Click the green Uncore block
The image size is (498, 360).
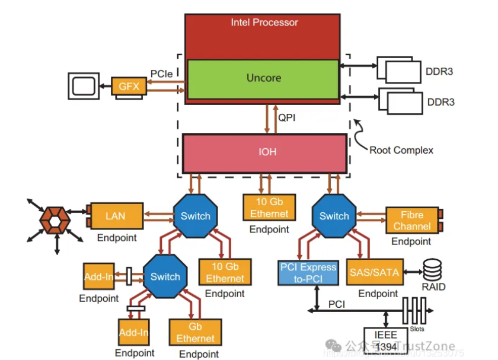[264, 78]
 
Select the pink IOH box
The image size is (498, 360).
[264, 152]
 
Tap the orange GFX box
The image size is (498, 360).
[129, 87]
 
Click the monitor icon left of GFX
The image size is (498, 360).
[82, 87]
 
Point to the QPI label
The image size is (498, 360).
[287, 118]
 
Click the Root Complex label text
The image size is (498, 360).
[401, 150]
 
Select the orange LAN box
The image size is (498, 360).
[115, 216]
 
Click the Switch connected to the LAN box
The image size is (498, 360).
[196, 216]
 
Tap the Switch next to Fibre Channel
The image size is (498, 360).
[334, 216]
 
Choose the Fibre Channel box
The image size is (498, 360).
[411, 221]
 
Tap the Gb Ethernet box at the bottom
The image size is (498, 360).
[195, 333]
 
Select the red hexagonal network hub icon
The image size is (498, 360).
[55, 221]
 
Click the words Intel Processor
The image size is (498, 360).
[264, 23]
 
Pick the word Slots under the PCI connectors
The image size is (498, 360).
[417, 329]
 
